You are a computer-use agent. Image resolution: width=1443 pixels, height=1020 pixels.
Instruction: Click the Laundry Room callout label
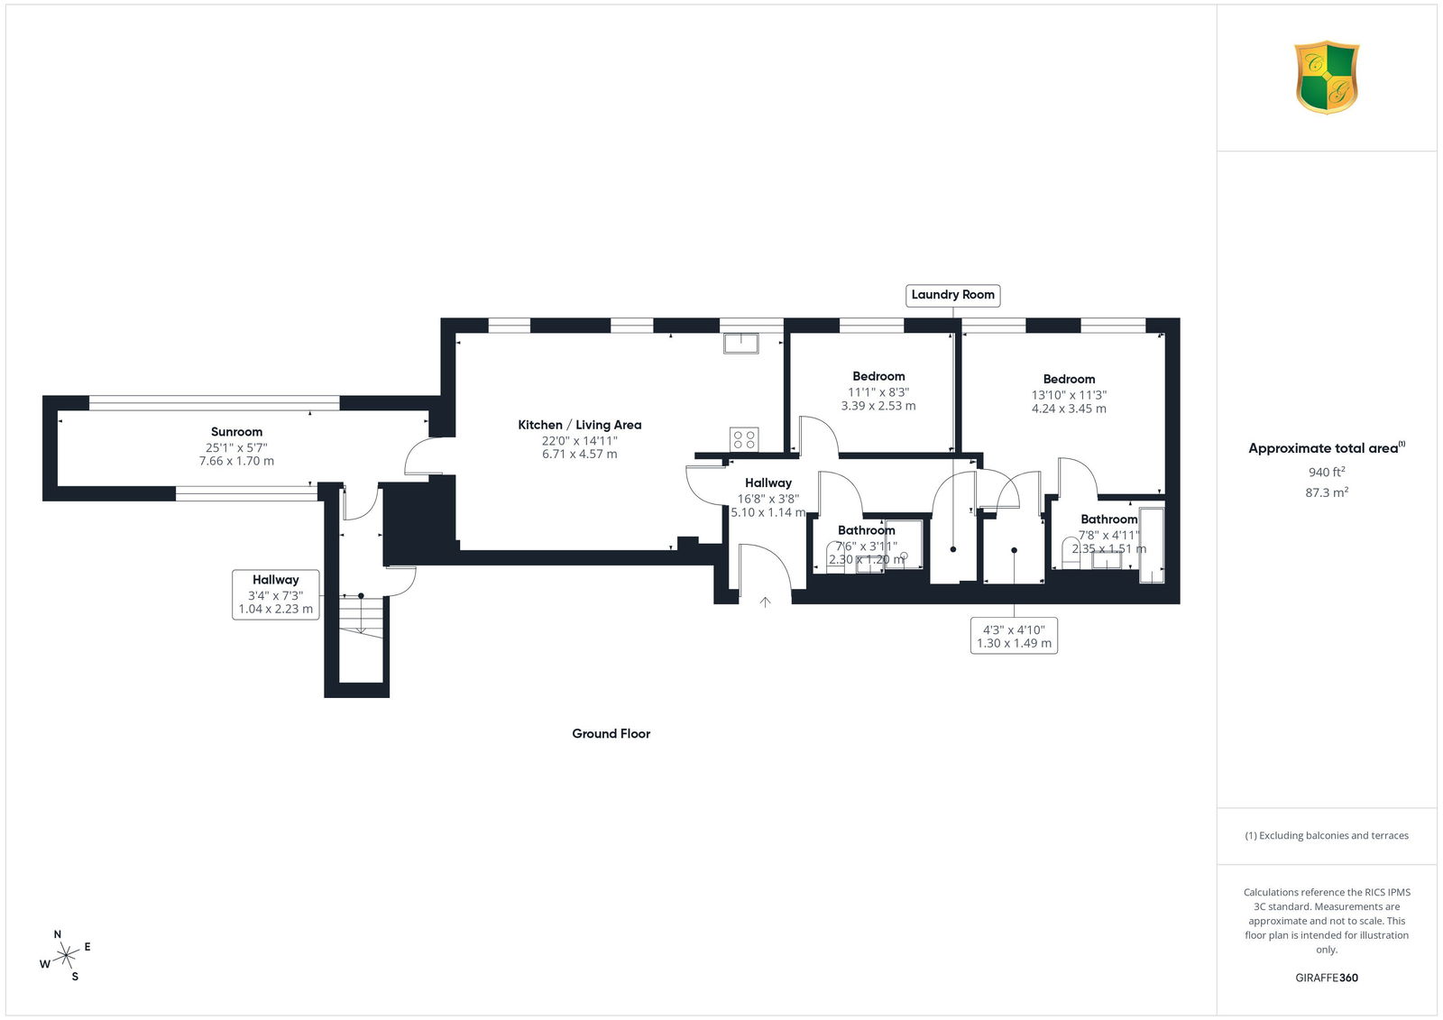point(952,295)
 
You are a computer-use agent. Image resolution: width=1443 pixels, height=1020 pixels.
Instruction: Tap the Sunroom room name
point(236,432)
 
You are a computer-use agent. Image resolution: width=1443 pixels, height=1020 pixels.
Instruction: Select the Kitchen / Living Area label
point(580,425)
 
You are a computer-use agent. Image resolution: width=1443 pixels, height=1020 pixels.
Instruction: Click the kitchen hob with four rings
point(744,439)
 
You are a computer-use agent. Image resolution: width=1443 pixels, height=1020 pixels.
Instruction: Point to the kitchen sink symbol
point(740,343)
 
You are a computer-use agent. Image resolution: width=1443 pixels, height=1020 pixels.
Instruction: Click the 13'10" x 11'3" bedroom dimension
point(1070,395)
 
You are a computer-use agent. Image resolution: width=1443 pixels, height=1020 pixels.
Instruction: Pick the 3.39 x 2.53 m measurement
point(878,406)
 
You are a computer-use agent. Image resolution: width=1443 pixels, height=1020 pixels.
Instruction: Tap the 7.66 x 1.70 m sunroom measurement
point(236,462)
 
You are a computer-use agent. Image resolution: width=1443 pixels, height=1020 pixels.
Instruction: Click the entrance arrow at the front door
point(765,602)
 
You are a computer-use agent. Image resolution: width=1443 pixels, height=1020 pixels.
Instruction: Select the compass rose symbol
point(66,956)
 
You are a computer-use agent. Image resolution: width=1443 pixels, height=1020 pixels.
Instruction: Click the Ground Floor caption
point(611,733)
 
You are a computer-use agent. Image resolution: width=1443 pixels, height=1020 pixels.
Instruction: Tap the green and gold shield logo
point(1327,78)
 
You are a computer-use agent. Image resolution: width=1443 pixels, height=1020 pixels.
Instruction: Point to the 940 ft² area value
point(1327,472)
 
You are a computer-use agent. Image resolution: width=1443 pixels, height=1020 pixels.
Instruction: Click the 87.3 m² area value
point(1327,492)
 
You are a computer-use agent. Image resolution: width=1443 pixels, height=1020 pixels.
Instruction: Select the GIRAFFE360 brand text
point(1327,978)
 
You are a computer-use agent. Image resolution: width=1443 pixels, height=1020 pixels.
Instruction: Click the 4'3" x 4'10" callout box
point(1014,636)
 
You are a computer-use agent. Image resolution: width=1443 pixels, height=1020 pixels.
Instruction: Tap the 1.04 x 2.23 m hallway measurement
point(276,609)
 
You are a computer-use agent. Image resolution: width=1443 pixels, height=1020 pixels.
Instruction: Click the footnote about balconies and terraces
point(1327,836)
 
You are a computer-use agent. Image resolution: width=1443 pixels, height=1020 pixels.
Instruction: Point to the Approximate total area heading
point(1327,448)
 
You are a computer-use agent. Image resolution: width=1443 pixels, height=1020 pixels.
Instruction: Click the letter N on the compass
point(58,934)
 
